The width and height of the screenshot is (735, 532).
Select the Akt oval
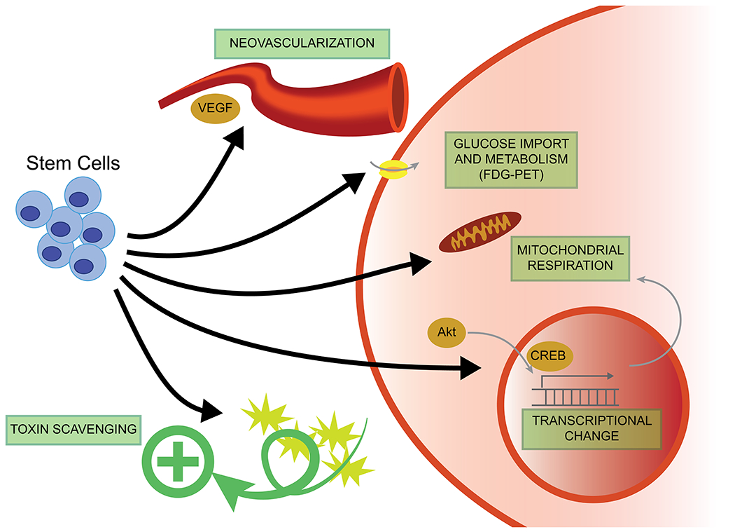click(x=445, y=332)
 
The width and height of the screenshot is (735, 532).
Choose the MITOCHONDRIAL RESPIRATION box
click(x=570, y=257)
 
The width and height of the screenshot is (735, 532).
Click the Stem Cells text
click(x=73, y=164)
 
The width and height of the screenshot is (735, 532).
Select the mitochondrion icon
click(x=479, y=232)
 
